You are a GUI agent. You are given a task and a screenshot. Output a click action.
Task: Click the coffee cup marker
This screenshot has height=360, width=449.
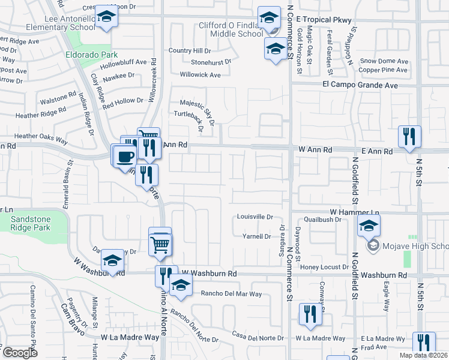coord(124,156)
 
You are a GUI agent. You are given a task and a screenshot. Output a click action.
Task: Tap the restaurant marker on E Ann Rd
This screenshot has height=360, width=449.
coord(409,137)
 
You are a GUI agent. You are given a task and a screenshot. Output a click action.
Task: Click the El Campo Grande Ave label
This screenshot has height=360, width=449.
coord(360,85)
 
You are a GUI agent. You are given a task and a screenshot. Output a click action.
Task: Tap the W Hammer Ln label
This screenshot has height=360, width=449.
coord(354,213)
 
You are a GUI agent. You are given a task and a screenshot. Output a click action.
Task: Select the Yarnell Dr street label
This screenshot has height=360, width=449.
coord(256,236)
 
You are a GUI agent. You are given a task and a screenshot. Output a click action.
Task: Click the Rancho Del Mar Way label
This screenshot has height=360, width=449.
coord(232,293)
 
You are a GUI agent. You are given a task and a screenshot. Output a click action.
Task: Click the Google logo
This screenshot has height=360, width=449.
coord(20,352)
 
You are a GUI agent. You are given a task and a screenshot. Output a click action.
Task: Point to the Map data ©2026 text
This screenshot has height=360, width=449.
coord(424,355)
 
